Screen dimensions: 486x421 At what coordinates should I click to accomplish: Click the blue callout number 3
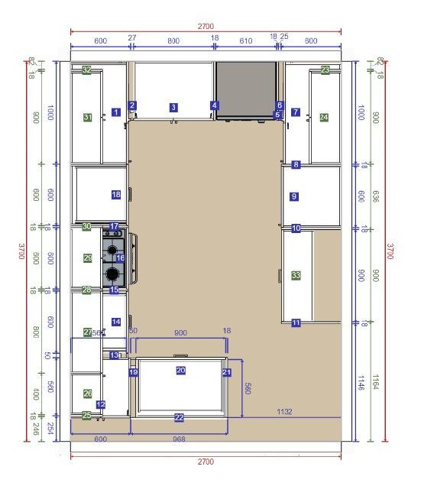coord(173,108)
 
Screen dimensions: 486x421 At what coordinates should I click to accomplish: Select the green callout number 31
coord(88,118)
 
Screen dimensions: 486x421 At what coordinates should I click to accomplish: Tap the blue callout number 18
coord(116,195)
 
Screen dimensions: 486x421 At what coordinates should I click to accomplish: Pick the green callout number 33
coord(296,275)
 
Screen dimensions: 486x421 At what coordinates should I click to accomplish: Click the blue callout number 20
coord(181,370)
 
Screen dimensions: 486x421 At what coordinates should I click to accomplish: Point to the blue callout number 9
coord(294,196)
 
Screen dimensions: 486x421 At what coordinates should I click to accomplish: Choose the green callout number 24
coord(324,118)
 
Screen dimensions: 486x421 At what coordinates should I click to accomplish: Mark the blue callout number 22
coord(179,417)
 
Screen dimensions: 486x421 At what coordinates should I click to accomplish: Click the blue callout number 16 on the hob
coord(120,258)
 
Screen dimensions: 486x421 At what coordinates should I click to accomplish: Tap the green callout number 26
coord(88,394)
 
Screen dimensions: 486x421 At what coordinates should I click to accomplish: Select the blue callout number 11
coord(296,323)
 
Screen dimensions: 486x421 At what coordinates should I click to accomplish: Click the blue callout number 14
coord(116,322)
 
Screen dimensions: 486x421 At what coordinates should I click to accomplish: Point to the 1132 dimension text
coord(284,412)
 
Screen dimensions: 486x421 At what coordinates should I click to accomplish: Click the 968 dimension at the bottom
coord(178,439)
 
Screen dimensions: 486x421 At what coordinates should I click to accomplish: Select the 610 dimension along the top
coord(245,40)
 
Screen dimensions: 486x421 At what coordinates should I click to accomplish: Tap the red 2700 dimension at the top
coord(206,26)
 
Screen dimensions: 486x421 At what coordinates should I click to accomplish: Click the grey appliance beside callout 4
coord(246,90)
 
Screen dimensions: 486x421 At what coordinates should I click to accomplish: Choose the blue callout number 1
coord(116,112)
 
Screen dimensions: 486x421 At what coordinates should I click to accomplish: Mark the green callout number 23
coord(325,70)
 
